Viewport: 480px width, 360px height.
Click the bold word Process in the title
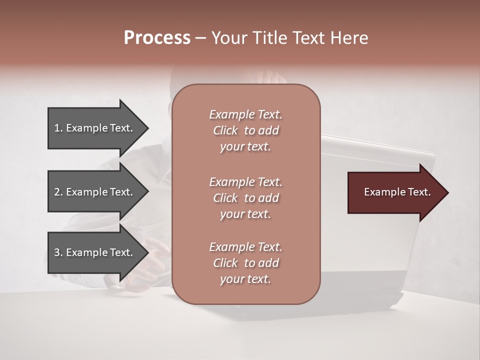157,38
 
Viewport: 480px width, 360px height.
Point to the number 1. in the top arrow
58,128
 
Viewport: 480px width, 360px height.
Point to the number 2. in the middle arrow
58,192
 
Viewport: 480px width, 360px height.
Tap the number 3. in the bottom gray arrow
58,252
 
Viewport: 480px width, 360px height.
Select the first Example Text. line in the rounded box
245,114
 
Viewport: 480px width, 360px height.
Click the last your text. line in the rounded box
245,279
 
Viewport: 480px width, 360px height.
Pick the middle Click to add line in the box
245,198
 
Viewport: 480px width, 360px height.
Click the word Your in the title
227,38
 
